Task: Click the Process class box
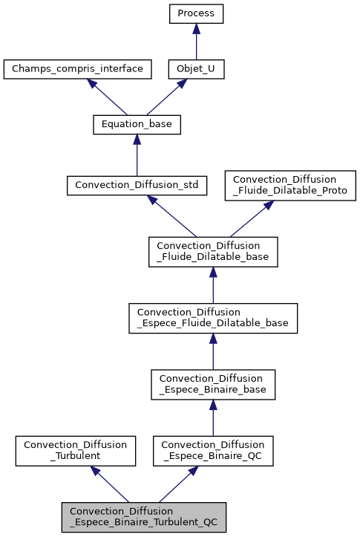(x=196, y=13)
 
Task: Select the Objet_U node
(x=196, y=70)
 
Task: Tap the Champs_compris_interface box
(x=78, y=70)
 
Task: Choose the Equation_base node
(x=137, y=125)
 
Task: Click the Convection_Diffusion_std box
(x=137, y=185)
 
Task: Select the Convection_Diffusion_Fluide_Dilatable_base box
(x=213, y=251)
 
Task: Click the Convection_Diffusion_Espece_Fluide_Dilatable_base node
(x=213, y=317)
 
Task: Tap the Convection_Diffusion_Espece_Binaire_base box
(x=213, y=383)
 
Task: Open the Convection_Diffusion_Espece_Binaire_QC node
(x=213, y=450)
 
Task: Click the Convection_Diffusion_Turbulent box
(x=76, y=450)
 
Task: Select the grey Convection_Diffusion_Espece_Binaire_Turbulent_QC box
(x=143, y=516)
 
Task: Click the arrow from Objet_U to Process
(x=196, y=42)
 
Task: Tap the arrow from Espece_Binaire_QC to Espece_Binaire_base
(x=213, y=417)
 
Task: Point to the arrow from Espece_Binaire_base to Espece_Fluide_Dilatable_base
(x=213, y=351)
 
